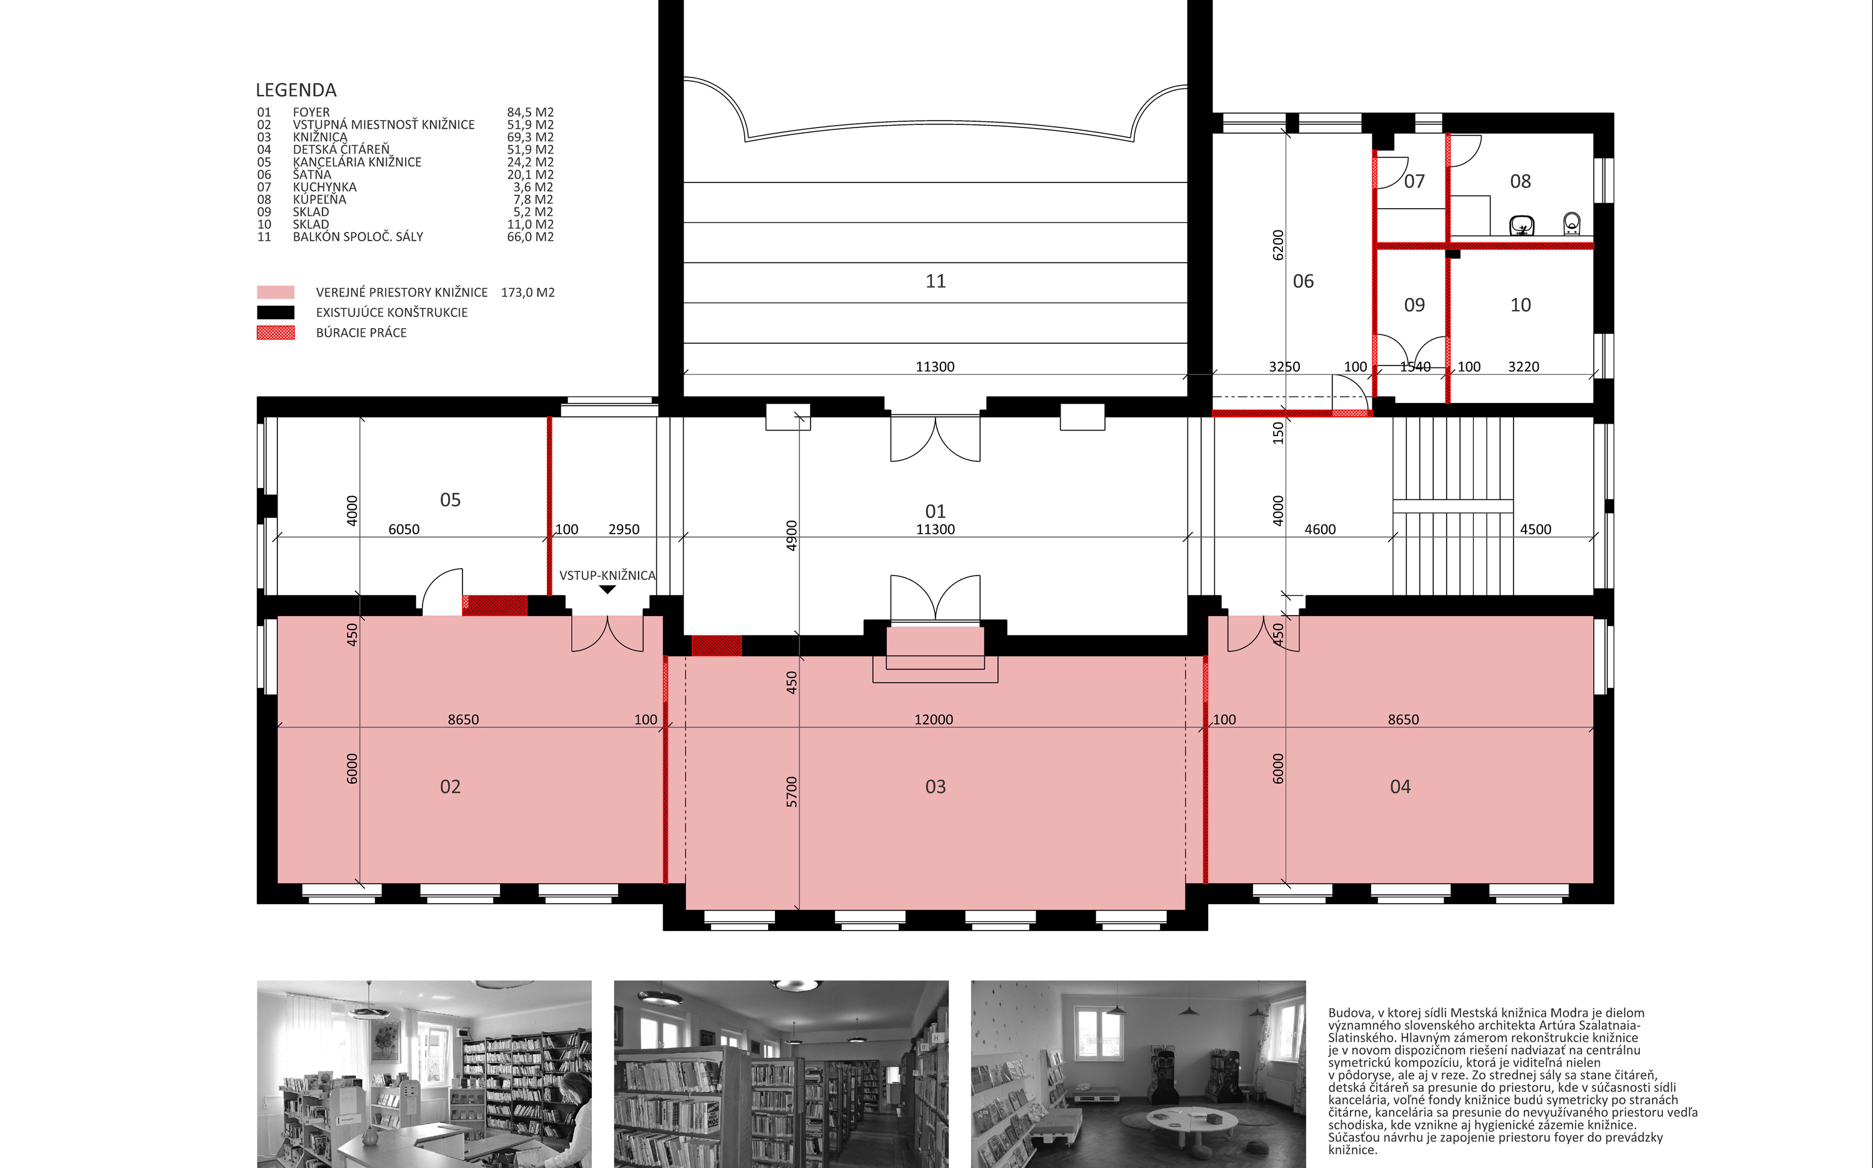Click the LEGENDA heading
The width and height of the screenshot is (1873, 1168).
click(x=296, y=91)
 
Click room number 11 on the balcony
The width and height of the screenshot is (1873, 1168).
click(x=936, y=281)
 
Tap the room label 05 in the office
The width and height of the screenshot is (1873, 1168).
click(x=451, y=500)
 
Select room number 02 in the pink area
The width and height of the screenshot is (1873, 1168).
click(x=451, y=786)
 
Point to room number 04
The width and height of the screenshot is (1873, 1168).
click(x=1401, y=786)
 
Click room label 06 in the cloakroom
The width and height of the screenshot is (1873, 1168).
click(x=1303, y=281)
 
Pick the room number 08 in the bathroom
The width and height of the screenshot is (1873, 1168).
click(x=1520, y=181)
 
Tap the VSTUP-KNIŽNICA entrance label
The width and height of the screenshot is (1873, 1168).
click(x=607, y=576)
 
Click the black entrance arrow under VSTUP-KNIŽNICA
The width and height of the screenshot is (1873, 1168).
click(x=608, y=589)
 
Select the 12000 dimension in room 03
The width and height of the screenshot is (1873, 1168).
click(x=934, y=719)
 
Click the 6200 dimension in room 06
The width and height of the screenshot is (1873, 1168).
click(x=1278, y=245)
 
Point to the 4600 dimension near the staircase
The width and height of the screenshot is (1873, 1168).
click(x=1320, y=529)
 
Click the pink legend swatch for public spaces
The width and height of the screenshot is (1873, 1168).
click(x=276, y=292)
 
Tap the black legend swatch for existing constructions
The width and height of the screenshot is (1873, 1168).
click(x=276, y=312)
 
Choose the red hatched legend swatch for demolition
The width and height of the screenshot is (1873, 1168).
click(x=276, y=333)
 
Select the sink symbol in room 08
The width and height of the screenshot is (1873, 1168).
click(x=1522, y=225)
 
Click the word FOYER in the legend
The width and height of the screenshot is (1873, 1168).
click(x=311, y=112)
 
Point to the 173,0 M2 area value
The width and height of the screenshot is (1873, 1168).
click(x=528, y=292)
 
